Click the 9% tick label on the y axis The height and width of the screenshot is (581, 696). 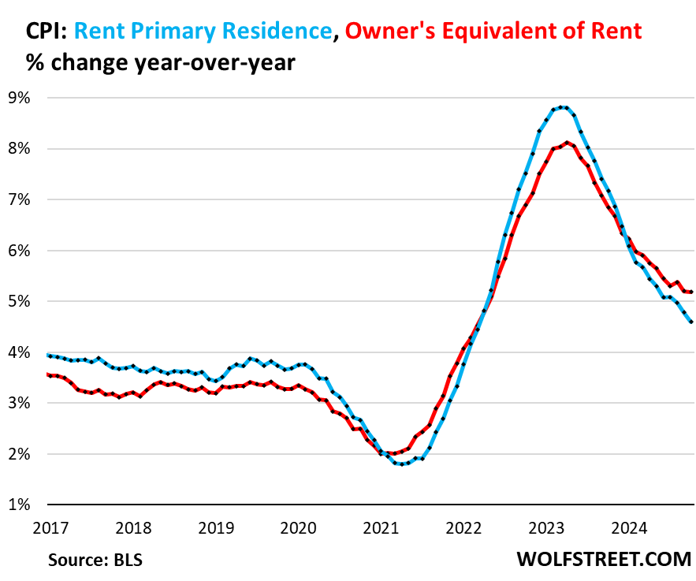pyautogui.click(x=18, y=98)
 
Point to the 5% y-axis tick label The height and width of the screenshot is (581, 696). pyautogui.click(x=18, y=301)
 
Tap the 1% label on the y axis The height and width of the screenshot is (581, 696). pyautogui.click(x=18, y=505)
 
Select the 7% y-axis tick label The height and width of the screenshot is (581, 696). pyautogui.click(x=18, y=199)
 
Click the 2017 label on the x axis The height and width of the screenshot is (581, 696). pyautogui.click(x=49, y=526)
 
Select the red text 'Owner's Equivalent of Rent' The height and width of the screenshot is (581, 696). pyautogui.click(x=494, y=32)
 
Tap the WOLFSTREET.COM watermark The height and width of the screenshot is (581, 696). pyautogui.click(x=604, y=560)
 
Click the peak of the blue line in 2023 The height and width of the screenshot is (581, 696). pyautogui.click(x=560, y=107)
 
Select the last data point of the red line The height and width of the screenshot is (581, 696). pyautogui.click(x=692, y=292)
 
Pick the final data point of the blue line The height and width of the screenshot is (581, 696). pyautogui.click(x=692, y=322)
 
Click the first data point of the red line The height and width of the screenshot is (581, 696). pyautogui.click(x=49, y=374)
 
